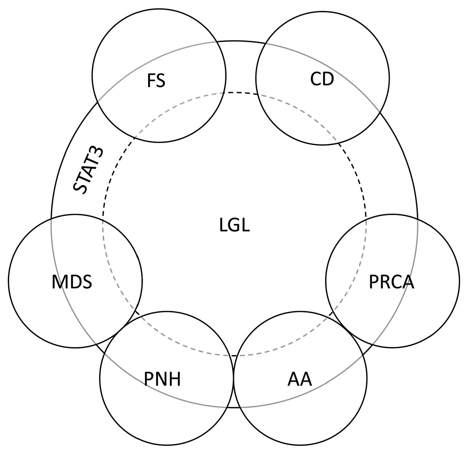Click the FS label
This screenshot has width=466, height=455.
tap(156, 81)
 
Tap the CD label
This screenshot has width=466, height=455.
tap(322, 79)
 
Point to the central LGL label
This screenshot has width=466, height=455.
tap(234, 226)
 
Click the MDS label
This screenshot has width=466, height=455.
tap(72, 282)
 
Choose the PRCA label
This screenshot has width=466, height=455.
tap(391, 282)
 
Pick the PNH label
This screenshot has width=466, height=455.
tap(162, 379)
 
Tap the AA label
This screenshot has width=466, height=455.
tap(300, 379)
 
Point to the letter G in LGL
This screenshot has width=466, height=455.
tap(235, 226)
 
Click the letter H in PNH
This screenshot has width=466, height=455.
tap(174, 379)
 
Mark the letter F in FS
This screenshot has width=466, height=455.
tap(152, 81)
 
